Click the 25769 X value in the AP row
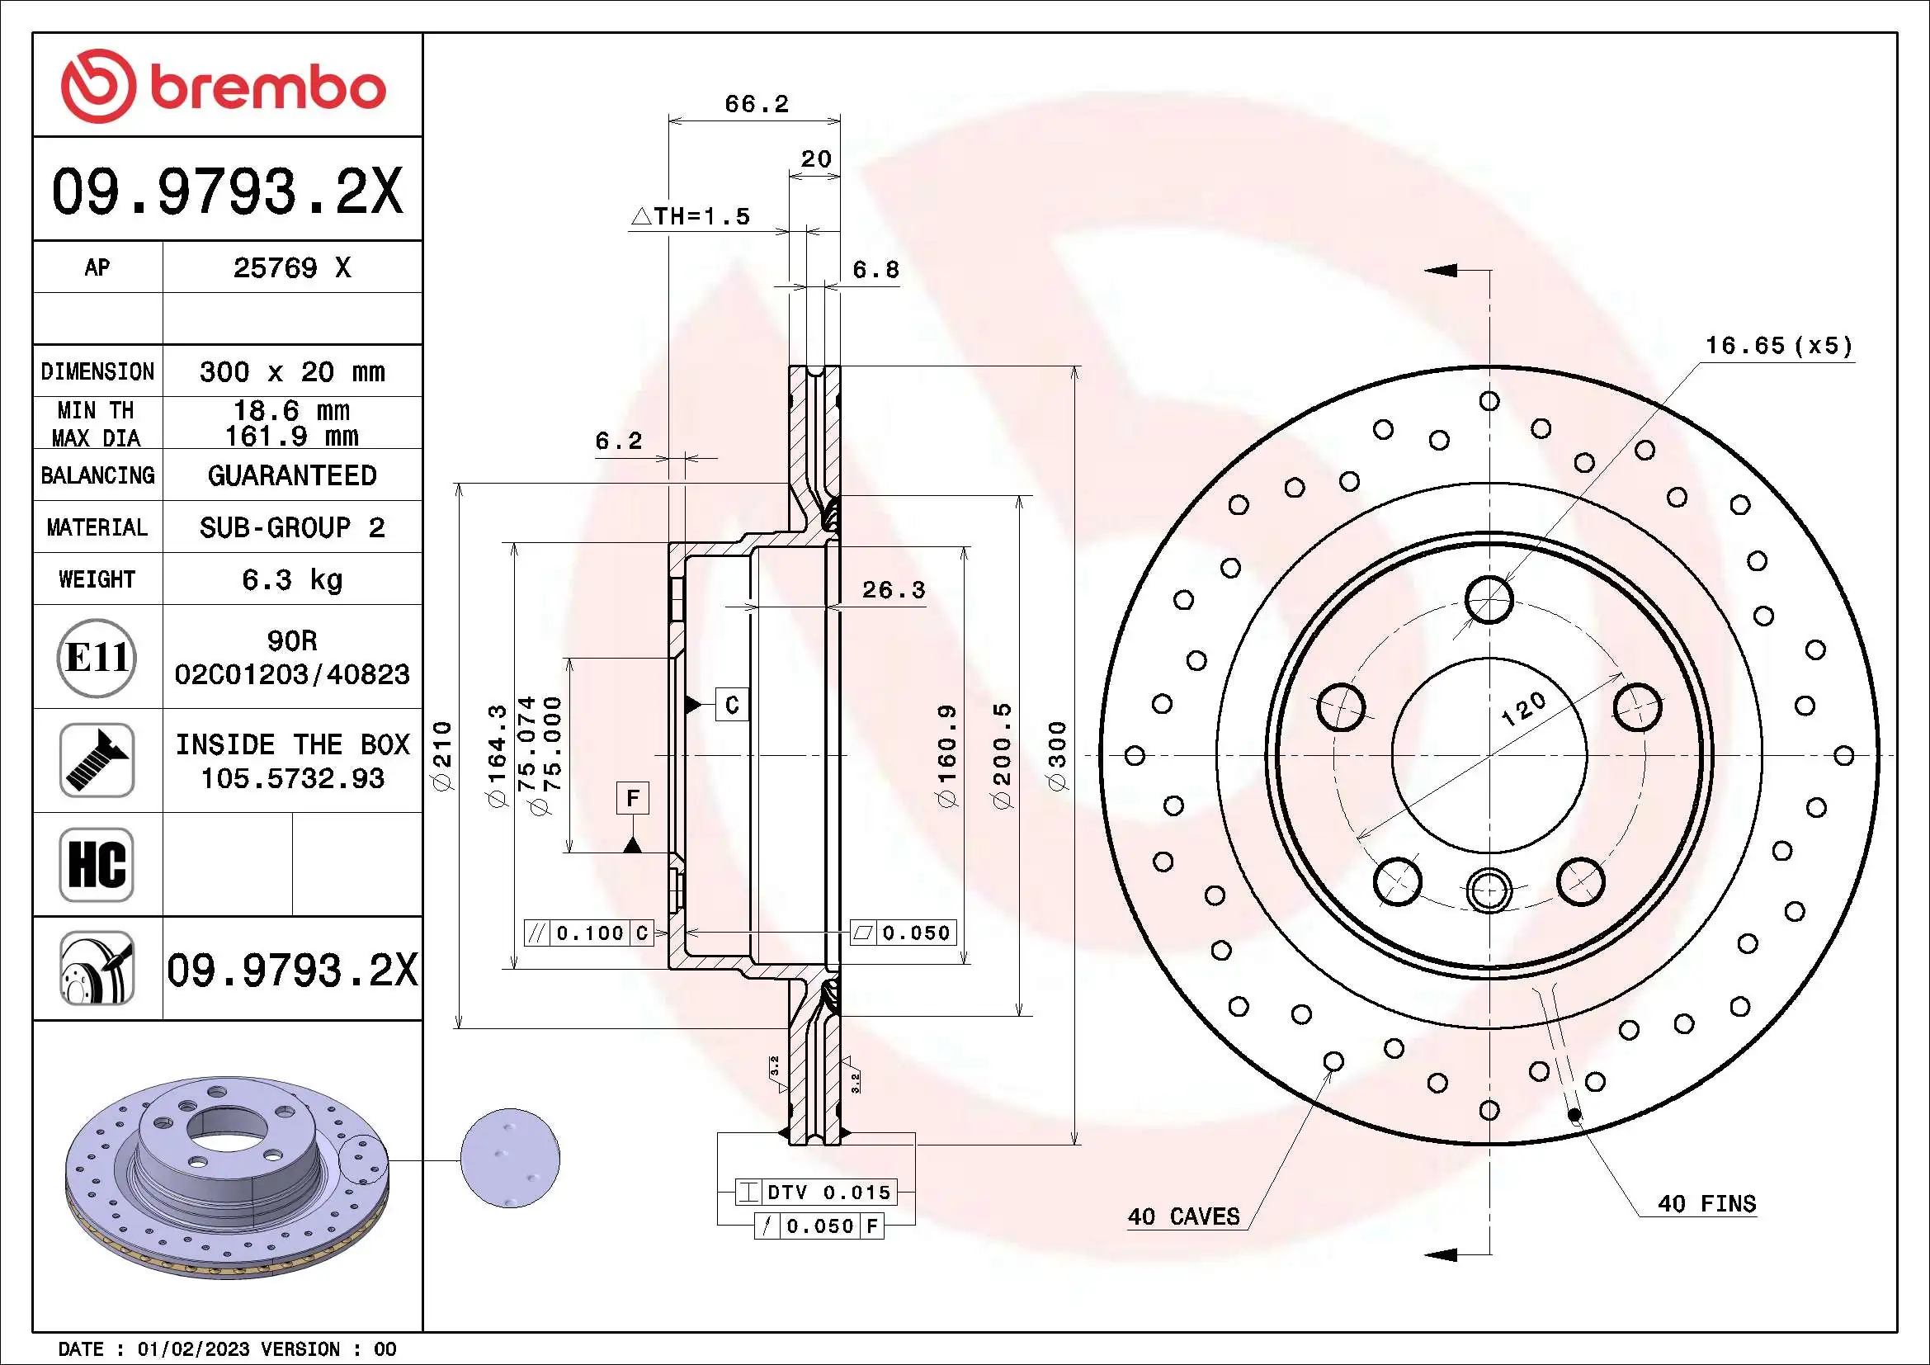(291, 268)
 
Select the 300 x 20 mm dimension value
(291, 371)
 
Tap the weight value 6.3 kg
(291, 579)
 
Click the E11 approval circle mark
(97, 657)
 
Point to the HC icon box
(97, 864)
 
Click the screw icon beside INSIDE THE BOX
(97, 760)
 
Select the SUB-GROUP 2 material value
(291, 528)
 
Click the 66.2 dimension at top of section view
(757, 104)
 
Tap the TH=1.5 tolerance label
(691, 217)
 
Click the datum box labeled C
(731, 704)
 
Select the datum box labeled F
(633, 798)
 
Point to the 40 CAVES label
(1183, 1216)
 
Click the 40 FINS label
(1706, 1203)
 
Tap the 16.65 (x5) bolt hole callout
(1778, 346)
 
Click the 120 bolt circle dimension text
(1523, 709)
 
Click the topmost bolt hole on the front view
(1489, 600)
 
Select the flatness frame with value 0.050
(904, 933)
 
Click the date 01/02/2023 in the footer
(193, 1349)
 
